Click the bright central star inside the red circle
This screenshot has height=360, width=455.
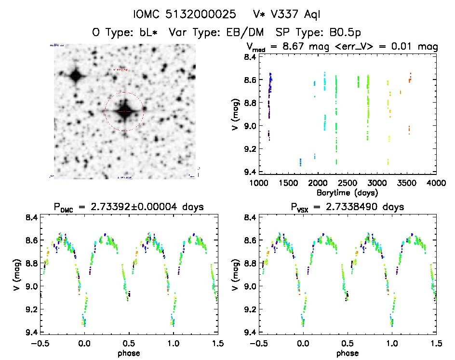pos(124,111)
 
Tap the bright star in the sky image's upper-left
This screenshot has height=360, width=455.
pos(75,75)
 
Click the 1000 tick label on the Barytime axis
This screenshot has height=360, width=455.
pos(259,183)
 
